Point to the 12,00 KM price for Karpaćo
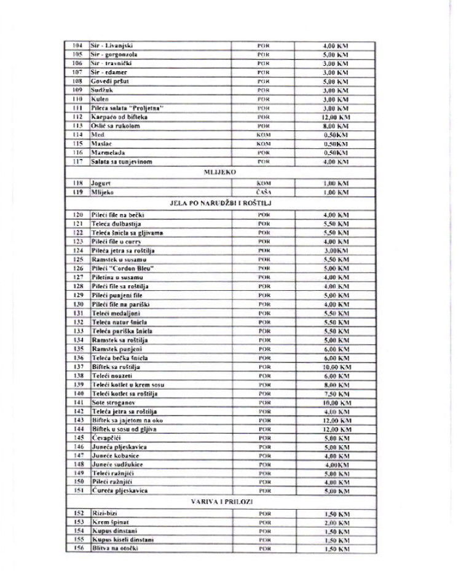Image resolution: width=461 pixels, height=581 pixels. coord(336,117)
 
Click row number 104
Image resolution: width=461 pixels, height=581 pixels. coord(77,45)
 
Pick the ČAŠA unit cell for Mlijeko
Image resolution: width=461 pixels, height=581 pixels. coord(264,192)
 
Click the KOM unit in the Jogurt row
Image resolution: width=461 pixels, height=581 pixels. coord(264,184)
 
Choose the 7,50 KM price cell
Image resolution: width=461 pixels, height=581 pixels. coord(336,393)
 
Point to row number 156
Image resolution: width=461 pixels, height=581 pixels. coord(77,548)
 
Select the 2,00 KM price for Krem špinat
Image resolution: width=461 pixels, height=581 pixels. coord(336,521)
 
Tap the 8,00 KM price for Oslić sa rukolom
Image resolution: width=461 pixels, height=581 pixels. coord(336,126)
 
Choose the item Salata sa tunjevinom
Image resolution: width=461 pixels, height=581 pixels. coord(121,162)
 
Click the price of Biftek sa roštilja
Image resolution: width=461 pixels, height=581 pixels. coord(336,366)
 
